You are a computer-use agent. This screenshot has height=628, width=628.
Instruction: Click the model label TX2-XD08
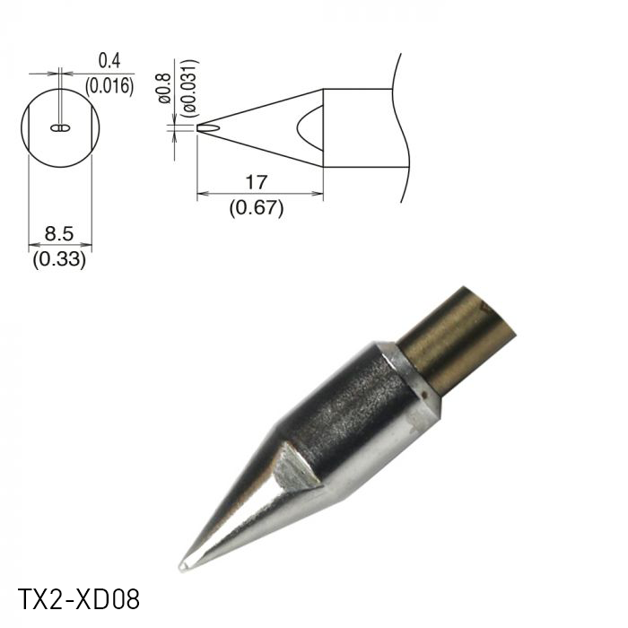point(79,598)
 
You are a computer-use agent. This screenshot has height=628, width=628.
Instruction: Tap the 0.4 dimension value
point(109,61)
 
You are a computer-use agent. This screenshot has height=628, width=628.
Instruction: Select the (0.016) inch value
point(109,86)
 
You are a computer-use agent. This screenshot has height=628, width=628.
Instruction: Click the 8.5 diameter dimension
point(59,233)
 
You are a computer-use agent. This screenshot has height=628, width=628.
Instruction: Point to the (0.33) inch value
point(59,260)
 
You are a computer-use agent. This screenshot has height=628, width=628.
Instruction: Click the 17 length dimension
point(256,182)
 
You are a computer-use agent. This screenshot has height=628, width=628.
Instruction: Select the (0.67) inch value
point(256,208)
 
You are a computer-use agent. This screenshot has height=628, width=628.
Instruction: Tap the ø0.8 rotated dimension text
point(164,87)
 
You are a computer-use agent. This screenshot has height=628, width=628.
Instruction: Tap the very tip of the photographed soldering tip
point(183,566)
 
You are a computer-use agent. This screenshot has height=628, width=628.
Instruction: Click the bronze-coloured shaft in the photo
point(458,341)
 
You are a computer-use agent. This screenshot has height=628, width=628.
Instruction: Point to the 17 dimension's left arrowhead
point(200,193)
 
